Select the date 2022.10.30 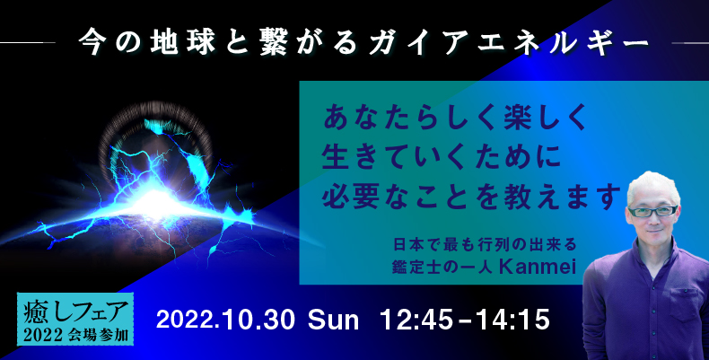point(225,320)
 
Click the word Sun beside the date point(333,320)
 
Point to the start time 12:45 point(416,320)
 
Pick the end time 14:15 point(512,320)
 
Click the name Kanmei point(538,267)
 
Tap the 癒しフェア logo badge point(75,319)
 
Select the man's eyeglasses point(653,211)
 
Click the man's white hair point(654,187)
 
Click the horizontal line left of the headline point(28,43)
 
